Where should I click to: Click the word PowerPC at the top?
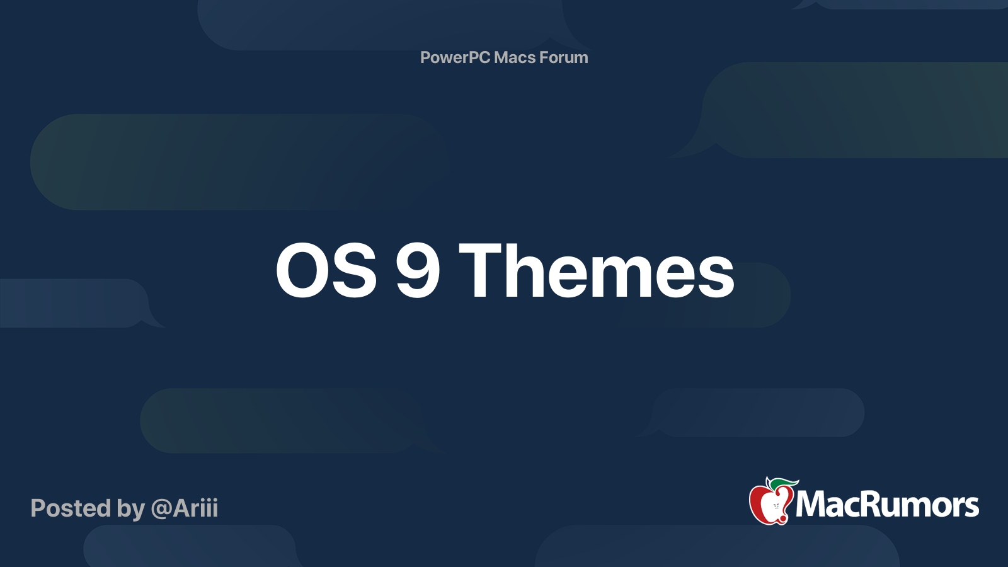pos(455,57)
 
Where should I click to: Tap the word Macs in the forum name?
pos(514,57)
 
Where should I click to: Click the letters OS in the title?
pos(326,271)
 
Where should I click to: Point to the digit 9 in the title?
pos(418,271)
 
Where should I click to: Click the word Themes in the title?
pos(597,271)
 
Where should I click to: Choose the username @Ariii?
pos(185,508)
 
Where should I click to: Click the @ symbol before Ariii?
pos(161,508)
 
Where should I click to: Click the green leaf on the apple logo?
pos(784,483)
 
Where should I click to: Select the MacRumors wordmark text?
pos(887,505)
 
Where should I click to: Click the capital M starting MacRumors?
pos(810,505)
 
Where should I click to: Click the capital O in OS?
pos(300,271)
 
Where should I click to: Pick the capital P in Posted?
pos(38,508)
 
